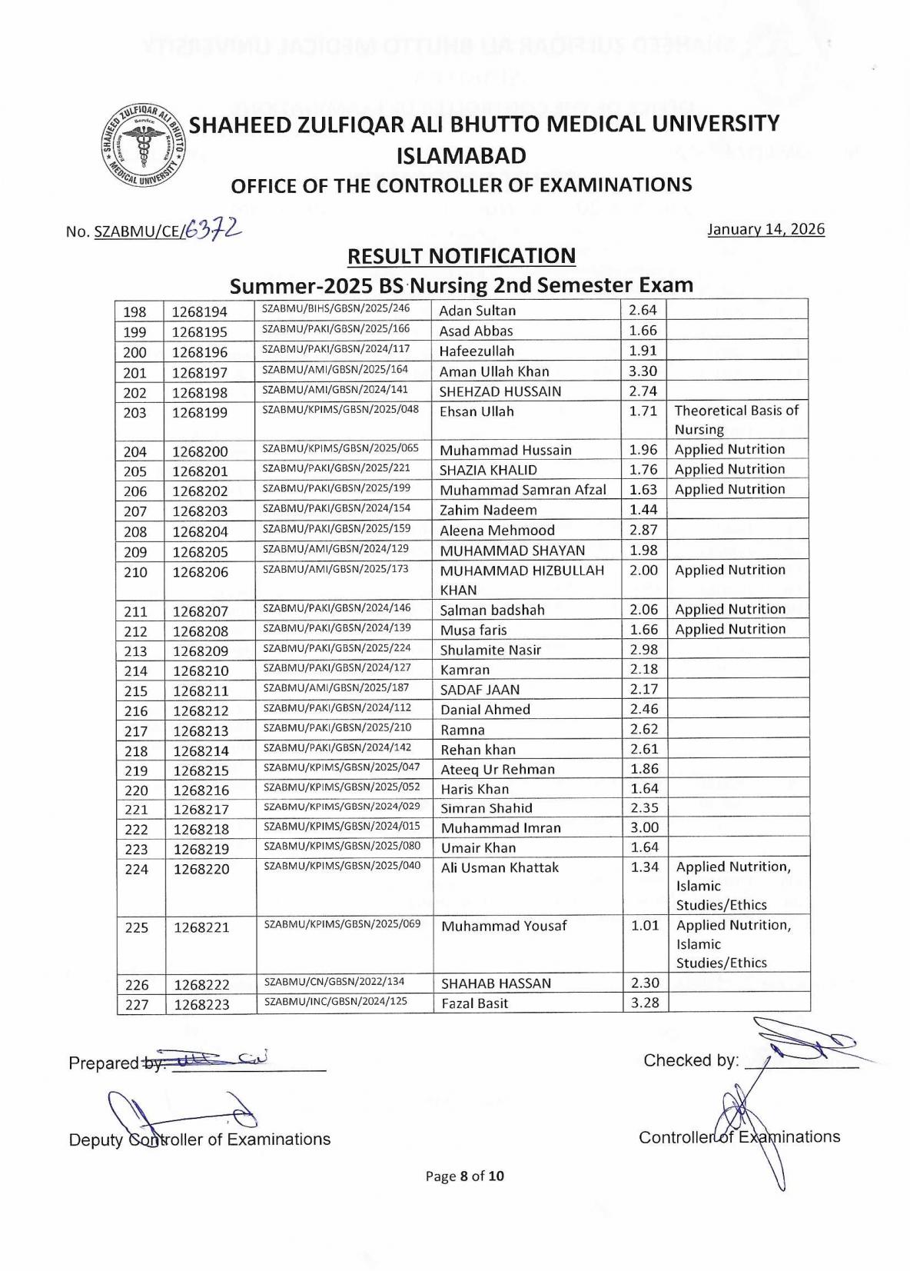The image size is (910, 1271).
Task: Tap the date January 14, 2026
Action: [766, 229]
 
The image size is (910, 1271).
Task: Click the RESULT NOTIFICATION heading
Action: [461, 255]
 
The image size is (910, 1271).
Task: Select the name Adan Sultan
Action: [477, 311]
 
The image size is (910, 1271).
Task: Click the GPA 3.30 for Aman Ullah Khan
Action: [643, 371]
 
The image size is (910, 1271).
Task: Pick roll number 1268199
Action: [200, 412]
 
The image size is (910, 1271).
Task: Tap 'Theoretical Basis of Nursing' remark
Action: [736, 420]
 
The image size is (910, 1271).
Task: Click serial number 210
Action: [135, 572]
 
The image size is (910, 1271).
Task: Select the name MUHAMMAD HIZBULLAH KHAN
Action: [521, 580]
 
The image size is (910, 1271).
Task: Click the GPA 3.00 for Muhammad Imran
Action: [644, 827]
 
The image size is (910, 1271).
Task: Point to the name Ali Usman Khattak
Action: [500, 867]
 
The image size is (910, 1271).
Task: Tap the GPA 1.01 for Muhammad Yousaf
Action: [645, 925]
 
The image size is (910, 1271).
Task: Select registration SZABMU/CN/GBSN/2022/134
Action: [334, 981]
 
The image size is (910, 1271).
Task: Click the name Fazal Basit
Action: [474, 1003]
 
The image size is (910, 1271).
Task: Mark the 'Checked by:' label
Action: [691, 1060]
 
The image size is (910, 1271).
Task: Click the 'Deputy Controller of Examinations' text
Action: [199, 1139]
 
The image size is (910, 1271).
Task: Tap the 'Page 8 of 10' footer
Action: [465, 1176]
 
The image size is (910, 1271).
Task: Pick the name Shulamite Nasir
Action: [490, 650]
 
